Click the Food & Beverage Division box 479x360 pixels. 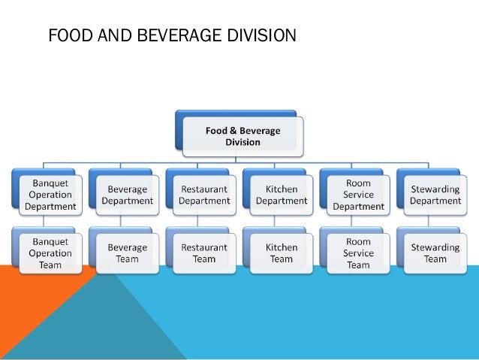(243, 136)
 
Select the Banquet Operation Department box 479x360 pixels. (50, 194)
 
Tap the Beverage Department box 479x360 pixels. (128, 195)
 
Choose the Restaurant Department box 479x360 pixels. (204, 195)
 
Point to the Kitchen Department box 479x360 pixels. (282, 195)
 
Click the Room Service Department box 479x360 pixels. (358, 194)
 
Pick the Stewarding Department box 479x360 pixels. (435, 195)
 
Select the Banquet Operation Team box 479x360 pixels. (50, 253)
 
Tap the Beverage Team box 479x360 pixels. (128, 253)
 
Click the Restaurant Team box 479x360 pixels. (204, 253)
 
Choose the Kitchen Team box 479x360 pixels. (282, 253)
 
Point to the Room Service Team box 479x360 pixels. (358, 253)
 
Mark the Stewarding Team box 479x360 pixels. (435, 253)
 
